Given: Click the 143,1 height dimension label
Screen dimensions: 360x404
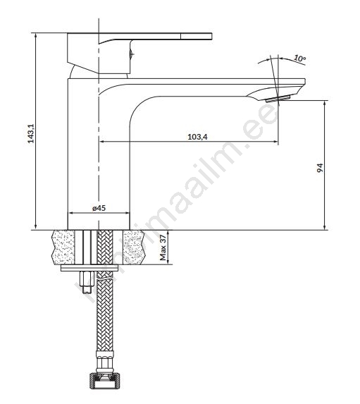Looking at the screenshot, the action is click(x=31, y=133).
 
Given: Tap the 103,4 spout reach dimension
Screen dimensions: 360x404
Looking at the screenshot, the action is click(x=197, y=137).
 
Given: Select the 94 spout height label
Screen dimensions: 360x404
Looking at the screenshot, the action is click(x=320, y=168).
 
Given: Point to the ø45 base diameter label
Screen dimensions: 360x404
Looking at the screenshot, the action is click(x=99, y=208).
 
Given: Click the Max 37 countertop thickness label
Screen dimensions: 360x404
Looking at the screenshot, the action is click(x=163, y=247).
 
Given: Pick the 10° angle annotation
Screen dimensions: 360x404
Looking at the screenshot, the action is click(x=299, y=59).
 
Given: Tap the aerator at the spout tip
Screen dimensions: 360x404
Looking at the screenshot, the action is click(x=278, y=99).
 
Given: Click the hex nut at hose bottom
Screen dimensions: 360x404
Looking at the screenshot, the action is click(x=105, y=381).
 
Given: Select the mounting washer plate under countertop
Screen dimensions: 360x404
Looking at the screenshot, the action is click(x=89, y=268).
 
